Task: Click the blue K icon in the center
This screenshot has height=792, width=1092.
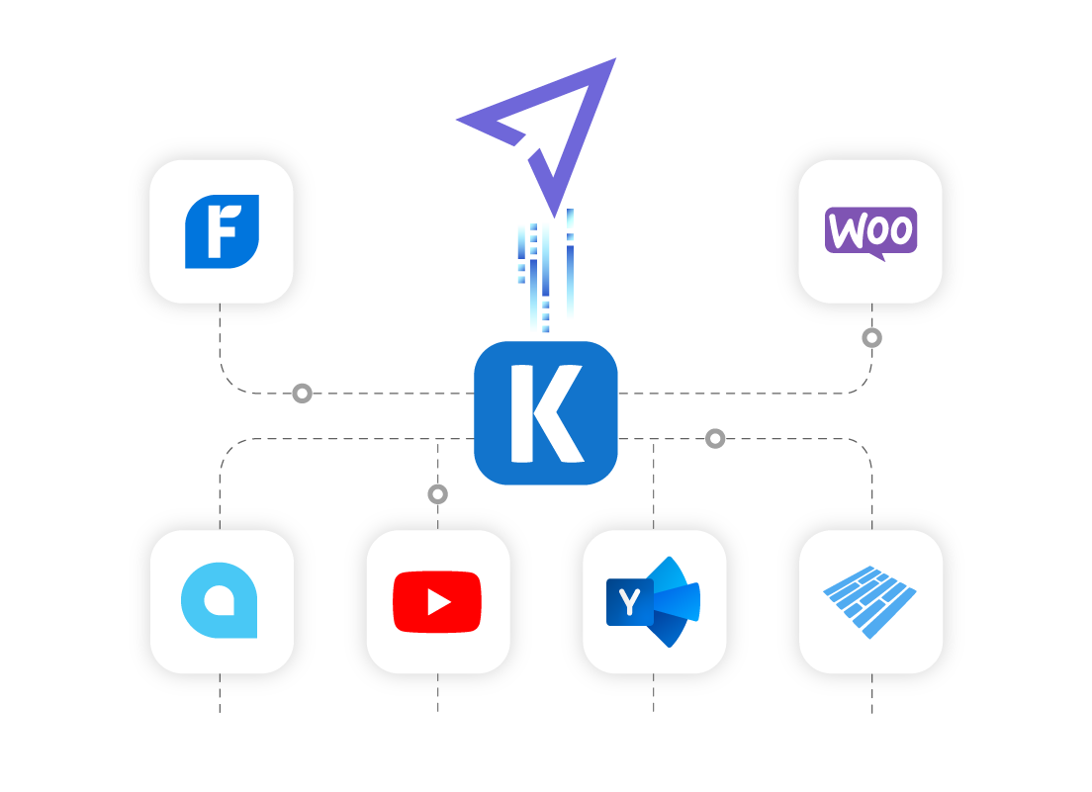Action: pyautogui.click(x=546, y=413)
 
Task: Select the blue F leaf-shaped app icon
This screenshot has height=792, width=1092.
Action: pyautogui.click(x=222, y=231)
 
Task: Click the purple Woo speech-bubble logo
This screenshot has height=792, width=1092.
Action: pyautogui.click(x=870, y=231)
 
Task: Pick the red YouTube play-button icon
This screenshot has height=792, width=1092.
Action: pyautogui.click(x=437, y=601)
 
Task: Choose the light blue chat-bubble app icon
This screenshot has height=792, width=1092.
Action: pyautogui.click(x=221, y=600)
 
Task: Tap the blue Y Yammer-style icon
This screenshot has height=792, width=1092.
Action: pyautogui.click(x=654, y=601)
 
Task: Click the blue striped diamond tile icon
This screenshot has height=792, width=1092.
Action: pyautogui.click(x=870, y=601)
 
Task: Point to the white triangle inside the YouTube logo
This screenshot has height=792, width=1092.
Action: pyautogui.click(x=439, y=601)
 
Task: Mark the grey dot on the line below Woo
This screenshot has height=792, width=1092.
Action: pyautogui.click(x=871, y=338)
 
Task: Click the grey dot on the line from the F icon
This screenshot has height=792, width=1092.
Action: pyautogui.click(x=303, y=394)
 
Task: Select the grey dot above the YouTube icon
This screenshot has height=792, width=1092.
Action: pyautogui.click(x=438, y=493)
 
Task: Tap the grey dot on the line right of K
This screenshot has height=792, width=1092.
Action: pyautogui.click(x=715, y=438)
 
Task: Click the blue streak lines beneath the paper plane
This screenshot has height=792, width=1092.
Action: pyautogui.click(x=545, y=273)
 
